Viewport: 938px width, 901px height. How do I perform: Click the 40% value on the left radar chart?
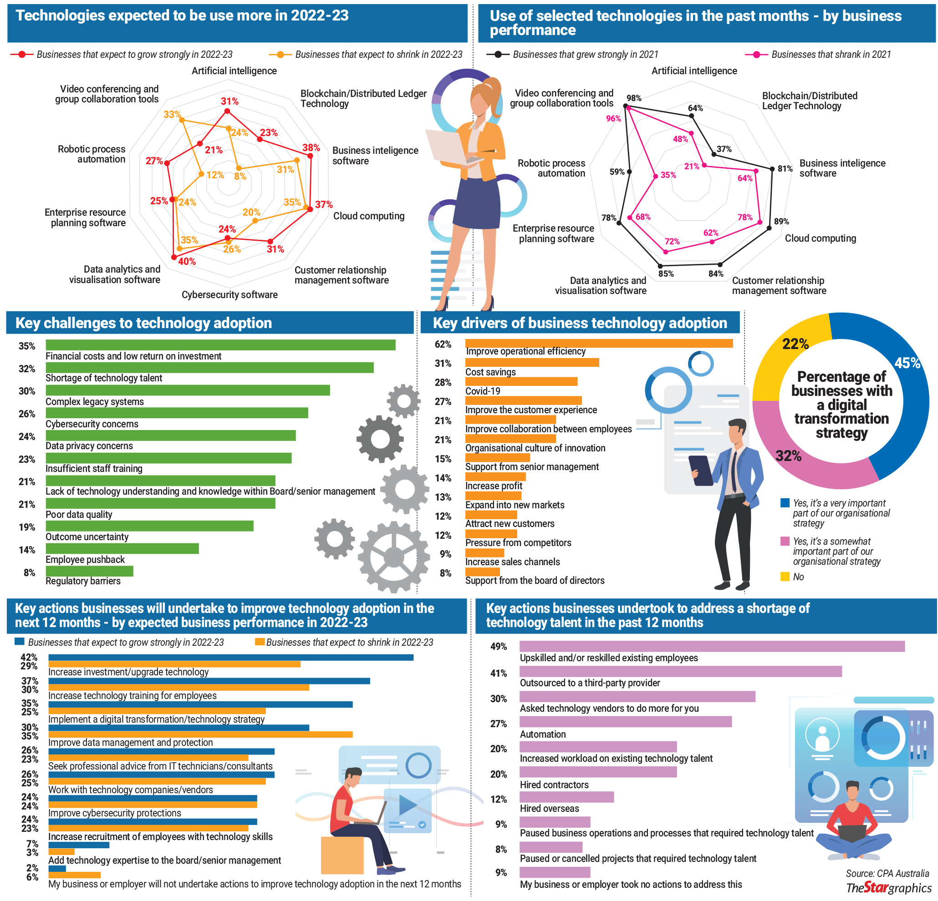(187, 262)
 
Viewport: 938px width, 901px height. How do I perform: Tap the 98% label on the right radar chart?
(634, 98)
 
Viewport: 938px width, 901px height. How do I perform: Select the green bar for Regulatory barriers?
(90, 571)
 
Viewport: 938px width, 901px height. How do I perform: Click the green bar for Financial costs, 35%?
(220, 345)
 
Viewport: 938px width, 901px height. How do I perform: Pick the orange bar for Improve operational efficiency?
(598, 343)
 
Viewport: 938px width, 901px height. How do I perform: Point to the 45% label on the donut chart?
(907, 363)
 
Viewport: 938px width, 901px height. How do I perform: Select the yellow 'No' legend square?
(785, 576)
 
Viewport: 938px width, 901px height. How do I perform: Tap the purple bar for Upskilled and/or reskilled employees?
(712, 646)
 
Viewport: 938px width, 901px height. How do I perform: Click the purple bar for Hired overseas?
(566, 797)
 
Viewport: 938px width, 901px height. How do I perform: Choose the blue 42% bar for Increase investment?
(231, 658)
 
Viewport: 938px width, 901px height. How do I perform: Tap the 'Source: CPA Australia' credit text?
(887, 873)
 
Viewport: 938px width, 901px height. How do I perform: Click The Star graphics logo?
(888, 888)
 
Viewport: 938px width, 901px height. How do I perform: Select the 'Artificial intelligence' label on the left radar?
(234, 71)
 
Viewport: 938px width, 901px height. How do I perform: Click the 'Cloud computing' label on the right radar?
(820, 238)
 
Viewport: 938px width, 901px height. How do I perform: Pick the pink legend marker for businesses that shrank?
(756, 55)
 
